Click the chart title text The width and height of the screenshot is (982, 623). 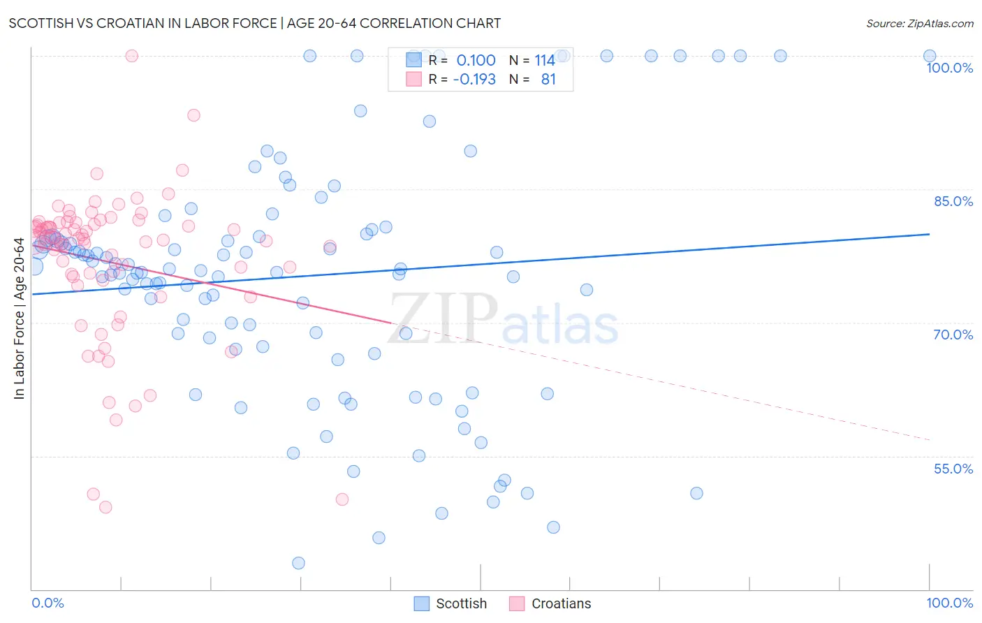pos(254,23)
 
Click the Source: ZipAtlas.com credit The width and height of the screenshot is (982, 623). pos(919,23)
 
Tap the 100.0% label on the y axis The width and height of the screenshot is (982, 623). pos(949,68)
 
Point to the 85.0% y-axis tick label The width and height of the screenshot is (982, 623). pos(953,201)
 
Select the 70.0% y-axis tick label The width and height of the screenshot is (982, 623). pos(953,335)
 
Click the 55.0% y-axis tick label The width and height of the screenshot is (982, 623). pos(953,469)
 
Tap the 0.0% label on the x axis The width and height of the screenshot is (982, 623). pos(47,603)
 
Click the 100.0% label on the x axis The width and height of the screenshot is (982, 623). pos(949,603)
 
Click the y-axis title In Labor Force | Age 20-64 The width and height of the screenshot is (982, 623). pos(19,318)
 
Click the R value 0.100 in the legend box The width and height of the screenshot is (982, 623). pos(476,61)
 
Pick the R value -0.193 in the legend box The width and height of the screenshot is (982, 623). pos(474,80)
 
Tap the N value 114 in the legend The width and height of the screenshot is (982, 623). pos(545,61)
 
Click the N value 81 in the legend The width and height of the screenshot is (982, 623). pos(548,80)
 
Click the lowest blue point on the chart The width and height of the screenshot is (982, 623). pos(298,563)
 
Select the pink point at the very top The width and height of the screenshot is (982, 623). pos(131,56)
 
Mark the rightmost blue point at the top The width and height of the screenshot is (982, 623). pos(930,56)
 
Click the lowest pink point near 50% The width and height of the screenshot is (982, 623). pos(105,507)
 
